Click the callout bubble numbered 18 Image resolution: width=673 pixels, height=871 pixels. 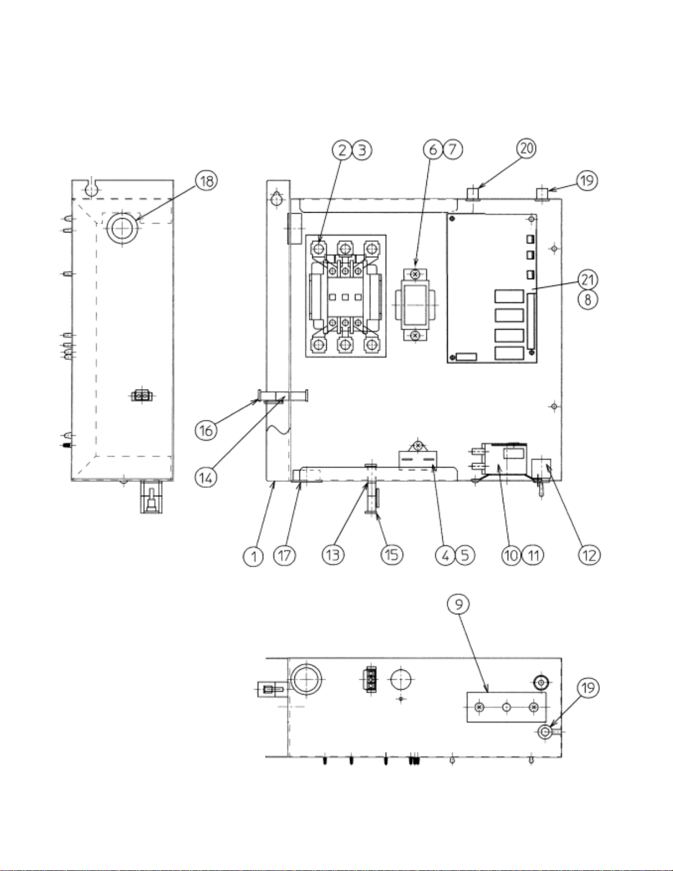coord(207,181)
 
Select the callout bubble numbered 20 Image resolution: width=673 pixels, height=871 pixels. coord(526,149)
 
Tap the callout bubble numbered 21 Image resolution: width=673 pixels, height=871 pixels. coord(588,279)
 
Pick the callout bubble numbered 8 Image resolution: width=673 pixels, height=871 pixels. coord(588,300)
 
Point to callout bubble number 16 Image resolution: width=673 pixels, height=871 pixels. coord(207,430)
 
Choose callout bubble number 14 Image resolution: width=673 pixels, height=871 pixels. coord(206,477)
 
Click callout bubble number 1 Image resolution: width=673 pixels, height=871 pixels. coord(253,556)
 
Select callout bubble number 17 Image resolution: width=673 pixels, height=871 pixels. coord(285,556)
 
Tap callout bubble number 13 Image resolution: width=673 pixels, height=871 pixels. coord(333,556)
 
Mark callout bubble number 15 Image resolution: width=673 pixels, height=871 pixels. coord(392,556)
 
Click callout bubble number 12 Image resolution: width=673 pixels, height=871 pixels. coord(588,556)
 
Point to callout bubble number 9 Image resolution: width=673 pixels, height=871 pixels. coord(458,604)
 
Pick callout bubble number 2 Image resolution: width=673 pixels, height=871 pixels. coord(342,150)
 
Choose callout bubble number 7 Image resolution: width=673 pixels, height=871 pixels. coord(453,149)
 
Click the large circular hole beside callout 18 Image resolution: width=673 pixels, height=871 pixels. coord(122,229)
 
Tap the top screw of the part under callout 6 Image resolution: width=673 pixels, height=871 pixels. coord(415,274)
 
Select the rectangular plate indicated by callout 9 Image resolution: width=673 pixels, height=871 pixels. coord(506,707)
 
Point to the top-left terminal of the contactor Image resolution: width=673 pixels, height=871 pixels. coord(318,249)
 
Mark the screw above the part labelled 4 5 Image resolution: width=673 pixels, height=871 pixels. coord(419,445)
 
